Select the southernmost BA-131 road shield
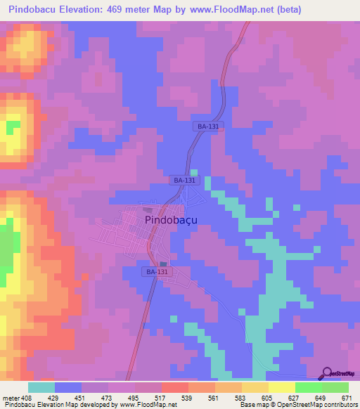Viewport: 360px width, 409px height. pos(157,271)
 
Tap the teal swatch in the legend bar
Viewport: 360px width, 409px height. pos(41,387)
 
